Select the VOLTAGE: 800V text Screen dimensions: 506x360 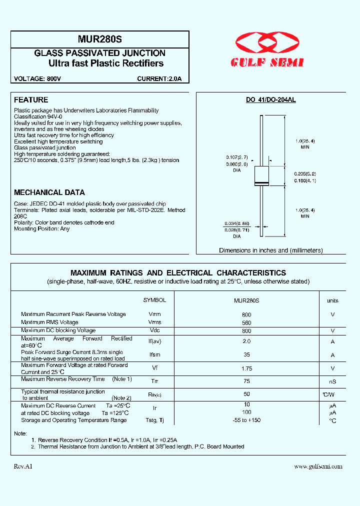pos(37,79)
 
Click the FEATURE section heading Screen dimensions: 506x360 pos(31,100)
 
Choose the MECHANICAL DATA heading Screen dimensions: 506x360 pos(49,192)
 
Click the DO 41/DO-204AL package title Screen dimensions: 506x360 pos(270,100)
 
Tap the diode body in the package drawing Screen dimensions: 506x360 pos(262,175)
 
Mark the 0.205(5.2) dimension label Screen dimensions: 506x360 pos(304,173)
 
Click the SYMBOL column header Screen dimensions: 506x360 pos(154,300)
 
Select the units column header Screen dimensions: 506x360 pos(332,300)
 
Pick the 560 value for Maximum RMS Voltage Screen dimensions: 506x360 pos(246,323)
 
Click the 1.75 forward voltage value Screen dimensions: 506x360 pos(246,368)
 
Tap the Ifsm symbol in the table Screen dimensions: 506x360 pos(154,354)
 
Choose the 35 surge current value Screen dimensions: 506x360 pos(246,354)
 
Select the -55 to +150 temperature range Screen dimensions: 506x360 pos(246,420)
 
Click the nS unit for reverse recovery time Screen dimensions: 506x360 pos(332,381)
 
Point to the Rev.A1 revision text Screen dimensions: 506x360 pos(23,466)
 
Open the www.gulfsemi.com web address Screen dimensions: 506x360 pos(318,466)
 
